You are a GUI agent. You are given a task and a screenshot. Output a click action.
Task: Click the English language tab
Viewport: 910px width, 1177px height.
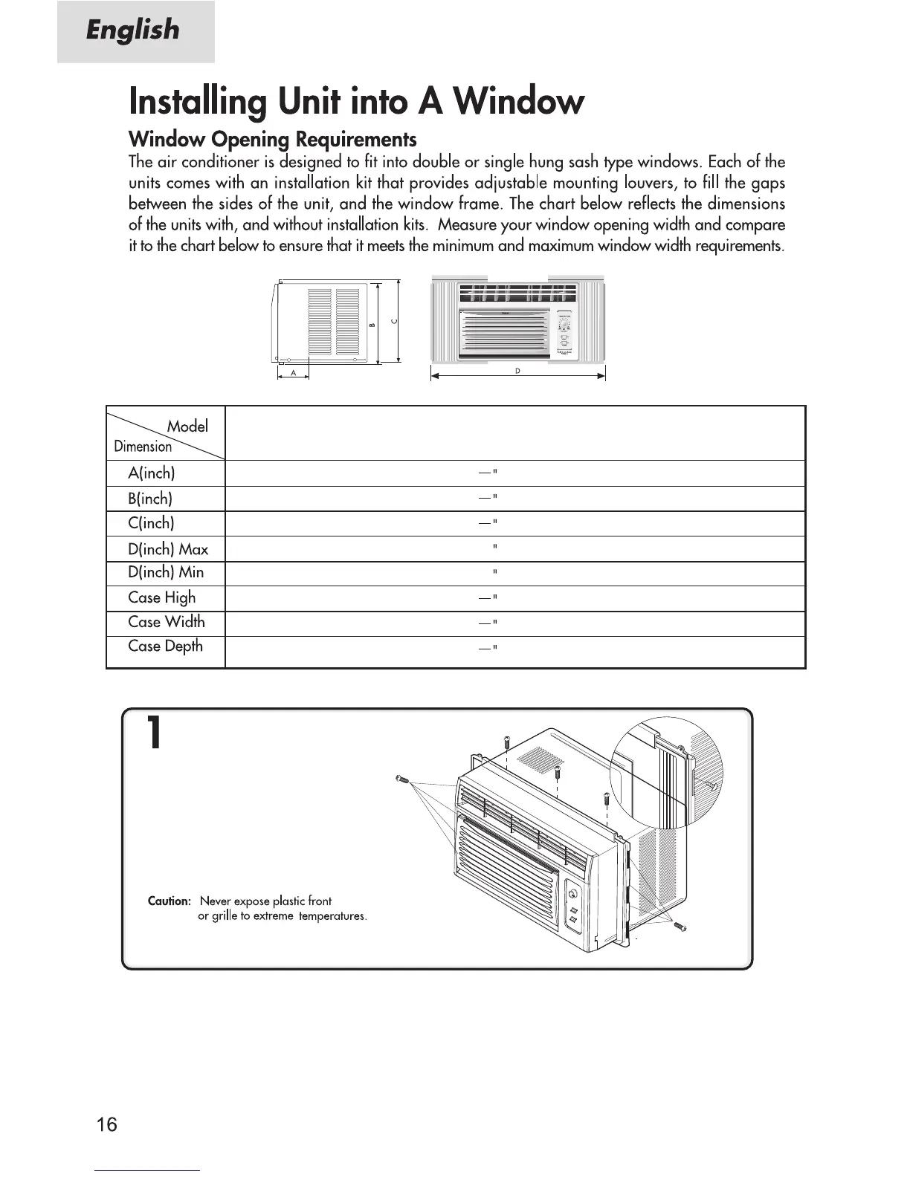pos(134,31)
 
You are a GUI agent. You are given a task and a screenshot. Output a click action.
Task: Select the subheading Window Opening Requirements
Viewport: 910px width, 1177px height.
pos(272,140)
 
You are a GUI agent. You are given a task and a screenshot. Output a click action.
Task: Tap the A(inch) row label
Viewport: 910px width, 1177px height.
pos(152,473)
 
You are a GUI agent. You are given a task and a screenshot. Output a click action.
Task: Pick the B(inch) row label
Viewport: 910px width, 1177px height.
pos(150,499)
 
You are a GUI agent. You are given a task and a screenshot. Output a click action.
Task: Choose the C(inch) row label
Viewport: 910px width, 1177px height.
pos(151,523)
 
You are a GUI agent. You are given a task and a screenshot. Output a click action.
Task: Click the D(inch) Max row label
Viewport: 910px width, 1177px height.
pos(168,549)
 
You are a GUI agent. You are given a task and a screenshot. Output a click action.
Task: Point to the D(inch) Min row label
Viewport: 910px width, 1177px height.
pos(166,573)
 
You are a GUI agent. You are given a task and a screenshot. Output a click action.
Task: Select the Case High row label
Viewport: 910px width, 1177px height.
pos(161,597)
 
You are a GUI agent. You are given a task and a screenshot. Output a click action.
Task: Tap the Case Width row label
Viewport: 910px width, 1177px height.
pos(166,622)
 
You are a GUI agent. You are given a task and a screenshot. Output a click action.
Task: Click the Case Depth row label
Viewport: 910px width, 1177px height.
pos(165,646)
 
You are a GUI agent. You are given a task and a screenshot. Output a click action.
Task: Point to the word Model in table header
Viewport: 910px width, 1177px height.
pos(187,427)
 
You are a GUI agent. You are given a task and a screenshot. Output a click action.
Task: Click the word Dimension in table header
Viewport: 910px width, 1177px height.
pos(143,447)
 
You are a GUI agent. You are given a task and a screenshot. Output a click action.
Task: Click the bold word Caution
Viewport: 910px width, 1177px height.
pos(170,901)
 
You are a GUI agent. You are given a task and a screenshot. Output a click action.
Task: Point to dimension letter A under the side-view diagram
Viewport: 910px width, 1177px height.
pos(294,373)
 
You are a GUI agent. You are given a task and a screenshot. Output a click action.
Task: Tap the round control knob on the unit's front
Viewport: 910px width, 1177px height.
pos(572,893)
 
